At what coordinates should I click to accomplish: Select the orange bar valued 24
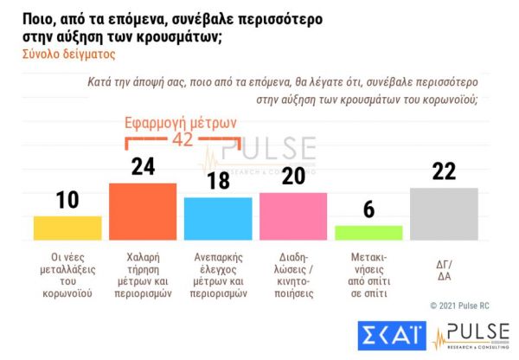143,211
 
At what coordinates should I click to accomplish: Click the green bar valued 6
368,232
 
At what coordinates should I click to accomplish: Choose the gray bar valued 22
444,214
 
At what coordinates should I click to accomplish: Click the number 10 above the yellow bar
67,200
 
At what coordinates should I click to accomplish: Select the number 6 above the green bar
368,210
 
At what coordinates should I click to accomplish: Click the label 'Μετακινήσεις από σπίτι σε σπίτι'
368,275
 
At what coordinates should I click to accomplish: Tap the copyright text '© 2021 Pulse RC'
467,305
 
